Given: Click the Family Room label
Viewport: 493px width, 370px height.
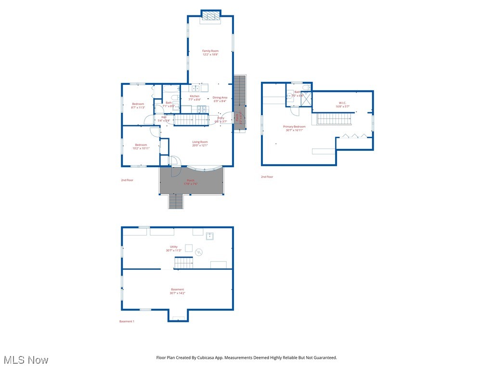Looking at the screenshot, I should tap(210, 51).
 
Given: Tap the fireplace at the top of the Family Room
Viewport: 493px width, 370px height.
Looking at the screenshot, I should tap(210, 16).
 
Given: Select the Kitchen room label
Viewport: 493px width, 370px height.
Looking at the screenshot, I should tap(195, 96).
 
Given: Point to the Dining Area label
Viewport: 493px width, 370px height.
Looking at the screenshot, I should tap(220, 97).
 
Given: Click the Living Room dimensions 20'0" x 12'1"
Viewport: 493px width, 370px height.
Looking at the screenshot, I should tap(200, 145).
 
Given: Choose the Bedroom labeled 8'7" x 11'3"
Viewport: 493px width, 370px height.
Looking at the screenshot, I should tap(138, 106).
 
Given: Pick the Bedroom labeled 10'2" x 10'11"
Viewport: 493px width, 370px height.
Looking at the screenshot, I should tap(141, 146).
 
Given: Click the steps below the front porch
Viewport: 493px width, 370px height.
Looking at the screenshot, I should tap(176, 201).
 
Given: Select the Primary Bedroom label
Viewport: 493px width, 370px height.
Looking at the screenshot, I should tap(294, 128).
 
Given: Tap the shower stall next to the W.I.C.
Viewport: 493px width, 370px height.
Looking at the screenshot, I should tap(306, 96).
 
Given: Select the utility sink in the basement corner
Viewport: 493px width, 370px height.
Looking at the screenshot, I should tap(209, 236).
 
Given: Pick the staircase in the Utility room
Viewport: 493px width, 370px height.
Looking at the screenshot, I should tap(183, 263).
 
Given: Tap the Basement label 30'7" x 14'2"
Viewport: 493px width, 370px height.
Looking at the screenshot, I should tap(177, 291).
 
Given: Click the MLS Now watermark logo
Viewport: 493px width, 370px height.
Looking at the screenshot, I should tap(26, 360).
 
